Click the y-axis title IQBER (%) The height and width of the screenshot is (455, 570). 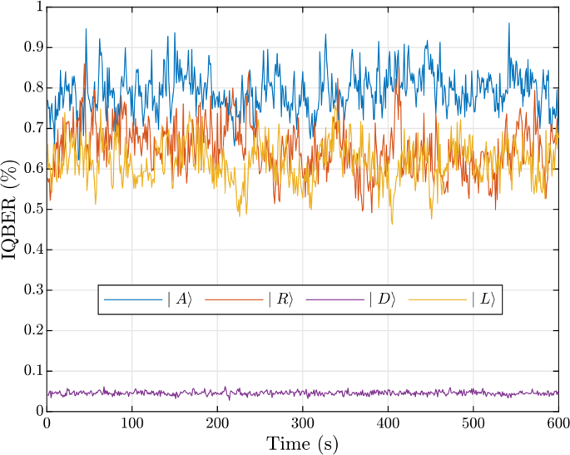click(x=12, y=208)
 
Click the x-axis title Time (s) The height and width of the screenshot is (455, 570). click(x=301, y=443)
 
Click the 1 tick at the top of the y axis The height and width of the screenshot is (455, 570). click(x=37, y=8)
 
